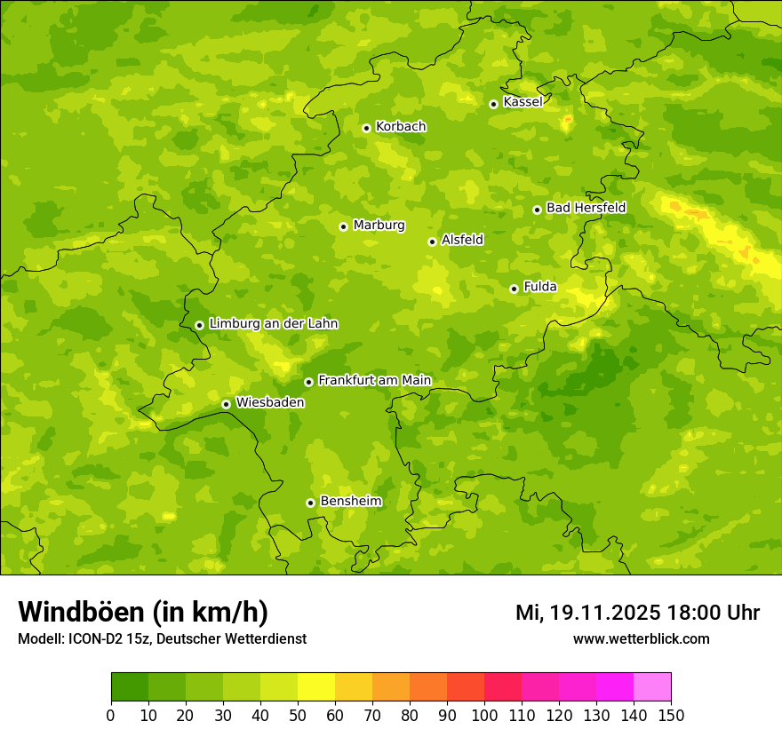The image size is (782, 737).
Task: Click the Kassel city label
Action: point(523,102)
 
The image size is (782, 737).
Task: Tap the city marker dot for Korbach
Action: point(366,128)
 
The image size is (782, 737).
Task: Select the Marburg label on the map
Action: point(379,226)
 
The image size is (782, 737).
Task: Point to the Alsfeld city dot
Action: point(432,242)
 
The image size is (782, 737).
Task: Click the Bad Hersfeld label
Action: point(586,208)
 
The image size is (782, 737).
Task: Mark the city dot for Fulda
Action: point(514,289)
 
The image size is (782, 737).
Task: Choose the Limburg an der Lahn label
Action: point(273,324)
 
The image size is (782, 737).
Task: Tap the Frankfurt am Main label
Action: point(374,380)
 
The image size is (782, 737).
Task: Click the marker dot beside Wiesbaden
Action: point(227,404)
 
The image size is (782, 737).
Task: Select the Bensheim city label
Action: point(350,501)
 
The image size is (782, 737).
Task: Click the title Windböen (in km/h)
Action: point(143,612)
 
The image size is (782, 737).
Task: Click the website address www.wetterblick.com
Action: point(641,638)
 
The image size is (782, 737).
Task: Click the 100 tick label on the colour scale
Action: point(483,715)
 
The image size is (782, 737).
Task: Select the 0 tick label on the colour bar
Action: point(111,715)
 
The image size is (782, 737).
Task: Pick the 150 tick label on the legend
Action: point(671,715)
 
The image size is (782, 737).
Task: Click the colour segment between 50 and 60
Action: point(316,687)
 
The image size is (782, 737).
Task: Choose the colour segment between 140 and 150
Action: point(652,687)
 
